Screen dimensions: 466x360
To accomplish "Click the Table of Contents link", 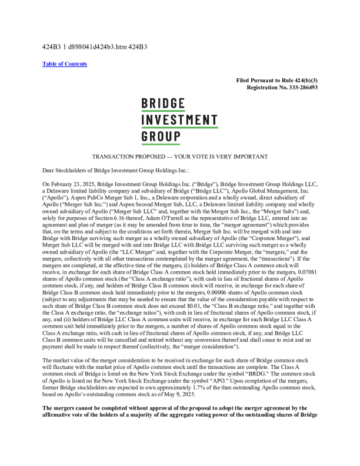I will coord(65,64).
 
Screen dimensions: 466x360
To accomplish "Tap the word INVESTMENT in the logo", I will coord(179,121).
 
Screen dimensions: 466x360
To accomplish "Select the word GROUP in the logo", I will coord(161,137).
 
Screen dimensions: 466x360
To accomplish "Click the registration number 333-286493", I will coord(298,87).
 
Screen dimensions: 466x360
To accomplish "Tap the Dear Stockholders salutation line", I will coord(116,171).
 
